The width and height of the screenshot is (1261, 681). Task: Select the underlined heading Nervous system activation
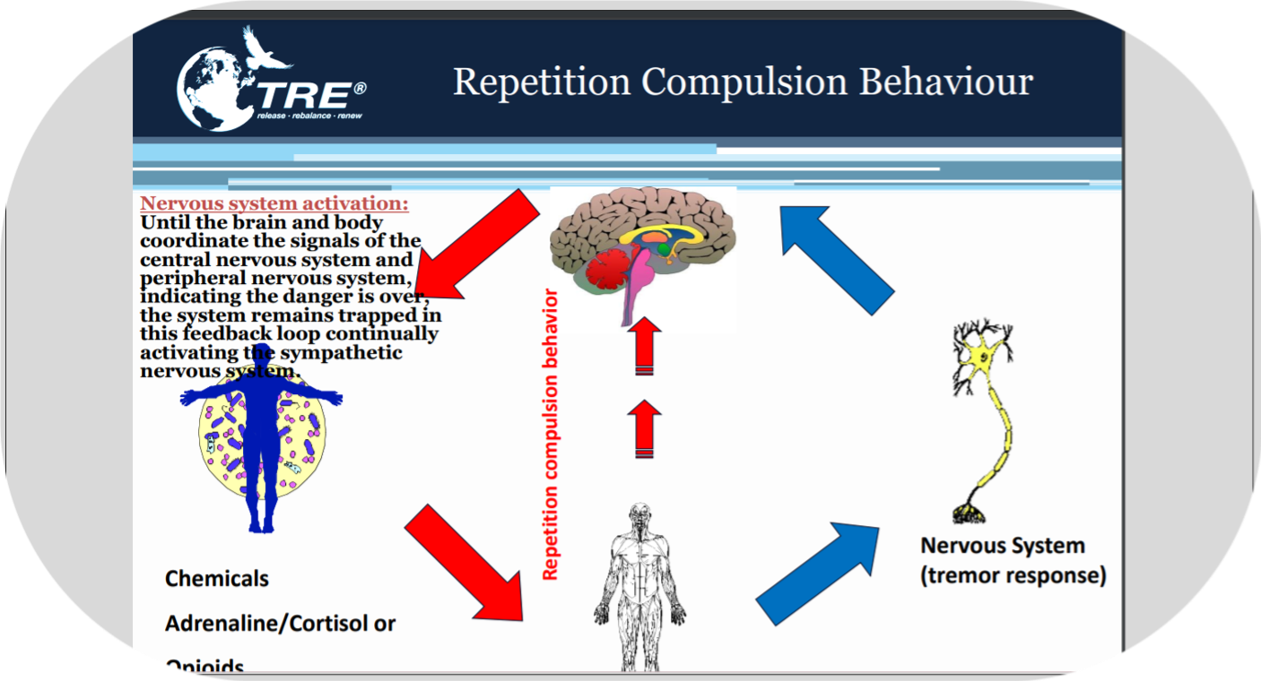[x=274, y=204]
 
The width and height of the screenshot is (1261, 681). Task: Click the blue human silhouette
[x=261, y=439]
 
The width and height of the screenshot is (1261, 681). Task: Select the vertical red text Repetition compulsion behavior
[x=551, y=435]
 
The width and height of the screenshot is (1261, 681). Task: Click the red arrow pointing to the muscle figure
[x=465, y=563]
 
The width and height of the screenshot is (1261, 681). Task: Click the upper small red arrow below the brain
[x=644, y=350]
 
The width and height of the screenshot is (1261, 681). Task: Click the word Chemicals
[x=216, y=579]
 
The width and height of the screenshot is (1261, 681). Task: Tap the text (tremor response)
[x=1013, y=575]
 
